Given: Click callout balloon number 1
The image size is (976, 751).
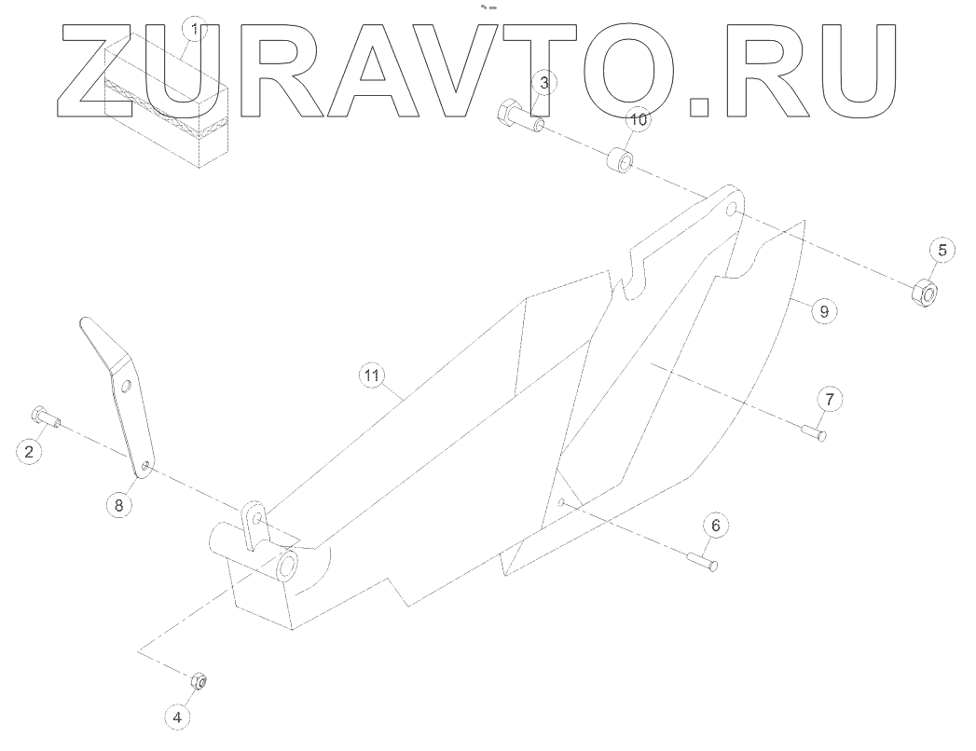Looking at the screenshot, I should click(x=193, y=30).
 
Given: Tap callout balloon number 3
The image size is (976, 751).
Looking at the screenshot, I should click(x=545, y=83).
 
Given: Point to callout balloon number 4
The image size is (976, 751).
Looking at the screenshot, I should click(x=179, y=717).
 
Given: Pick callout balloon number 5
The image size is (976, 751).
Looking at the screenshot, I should click(x=942, y=249).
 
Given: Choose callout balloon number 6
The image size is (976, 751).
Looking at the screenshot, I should click(x=715, y=526).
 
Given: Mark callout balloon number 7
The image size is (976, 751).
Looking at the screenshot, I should click(x=831, y=399).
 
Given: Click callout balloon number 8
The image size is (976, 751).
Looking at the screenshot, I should click(x=118, y=504).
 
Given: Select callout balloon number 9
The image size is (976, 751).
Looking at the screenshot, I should click(x=822, y=310).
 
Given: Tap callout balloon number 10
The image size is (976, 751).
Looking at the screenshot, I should click(x=637, y=120).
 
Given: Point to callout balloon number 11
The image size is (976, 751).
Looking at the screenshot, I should click(x=372, y=375).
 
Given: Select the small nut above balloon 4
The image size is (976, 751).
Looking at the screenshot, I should click(x=198, y=681).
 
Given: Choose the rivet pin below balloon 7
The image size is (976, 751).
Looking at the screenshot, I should click(x=814, y=430).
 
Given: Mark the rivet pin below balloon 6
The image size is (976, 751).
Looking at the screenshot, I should click(x=702, y=562).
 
